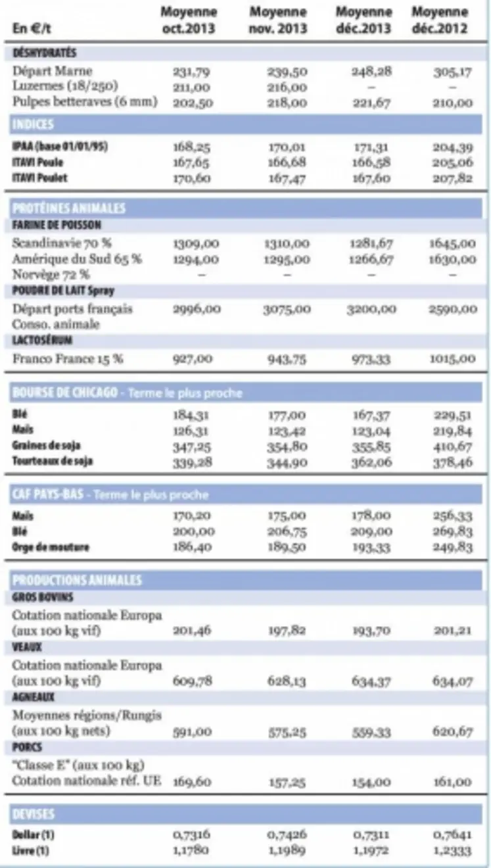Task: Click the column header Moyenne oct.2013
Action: (x=189, y=20)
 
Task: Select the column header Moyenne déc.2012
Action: (x=440, y=20)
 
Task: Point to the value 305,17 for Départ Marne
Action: (x=453, y=72)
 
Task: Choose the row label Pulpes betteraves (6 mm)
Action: (x=85, y=103)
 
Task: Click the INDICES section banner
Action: (x=33, y=124)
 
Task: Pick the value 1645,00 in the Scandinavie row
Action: (x=453, y=243)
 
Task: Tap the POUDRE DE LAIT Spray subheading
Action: (x=63, y=291)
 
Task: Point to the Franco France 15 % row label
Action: (x=68, y=359)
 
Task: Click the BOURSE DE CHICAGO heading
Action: (x=64, y=393)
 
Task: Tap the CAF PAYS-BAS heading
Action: (x=47, y=494)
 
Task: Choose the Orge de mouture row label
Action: (x=51, y=547)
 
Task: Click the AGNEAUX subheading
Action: (x=33, y=697)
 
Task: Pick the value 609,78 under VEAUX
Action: (x=192, y=681)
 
